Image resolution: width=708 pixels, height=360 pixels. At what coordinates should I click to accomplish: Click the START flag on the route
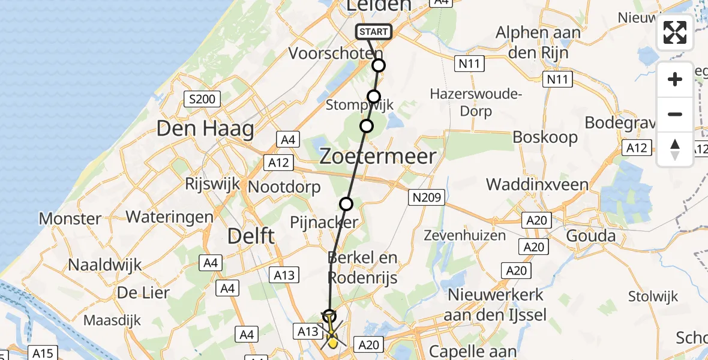374,32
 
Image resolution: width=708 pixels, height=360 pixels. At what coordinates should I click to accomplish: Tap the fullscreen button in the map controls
675,32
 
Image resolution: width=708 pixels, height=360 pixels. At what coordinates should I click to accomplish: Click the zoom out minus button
675,114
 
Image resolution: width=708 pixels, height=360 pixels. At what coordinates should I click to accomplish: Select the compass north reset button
675,149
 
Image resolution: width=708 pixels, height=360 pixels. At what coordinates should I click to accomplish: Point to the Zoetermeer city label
377,157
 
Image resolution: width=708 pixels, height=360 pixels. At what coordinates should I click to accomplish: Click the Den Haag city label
205,128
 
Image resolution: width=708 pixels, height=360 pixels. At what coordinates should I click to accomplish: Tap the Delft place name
251,236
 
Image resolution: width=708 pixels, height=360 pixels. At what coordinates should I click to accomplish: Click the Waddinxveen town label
537,184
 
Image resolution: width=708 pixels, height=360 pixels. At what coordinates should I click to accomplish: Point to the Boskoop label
545,137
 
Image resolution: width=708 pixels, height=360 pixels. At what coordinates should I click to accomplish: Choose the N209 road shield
427,197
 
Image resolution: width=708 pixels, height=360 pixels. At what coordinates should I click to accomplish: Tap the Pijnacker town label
323,223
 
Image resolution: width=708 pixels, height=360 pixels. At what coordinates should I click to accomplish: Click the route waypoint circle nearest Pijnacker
346,204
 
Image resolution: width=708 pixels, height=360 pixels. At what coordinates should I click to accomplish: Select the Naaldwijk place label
105,265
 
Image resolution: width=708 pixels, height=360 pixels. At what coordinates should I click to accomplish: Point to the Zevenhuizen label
465,235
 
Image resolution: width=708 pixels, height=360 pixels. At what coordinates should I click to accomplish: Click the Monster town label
70,218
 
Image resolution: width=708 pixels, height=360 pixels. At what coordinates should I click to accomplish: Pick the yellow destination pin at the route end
332,342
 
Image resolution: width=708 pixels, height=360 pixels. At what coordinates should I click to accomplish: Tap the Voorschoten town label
336,53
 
